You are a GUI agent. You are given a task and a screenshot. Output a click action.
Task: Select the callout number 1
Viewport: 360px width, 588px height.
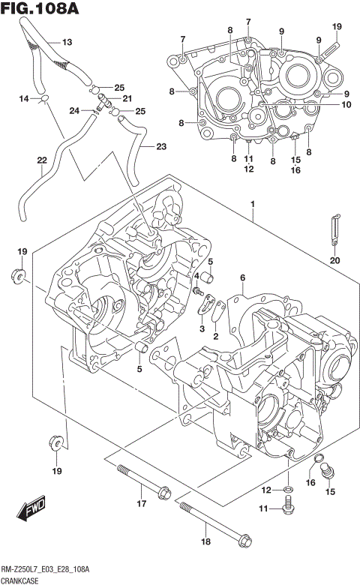pos(253,205)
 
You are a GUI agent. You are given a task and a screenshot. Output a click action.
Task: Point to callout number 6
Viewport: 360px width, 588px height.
pos(242,278)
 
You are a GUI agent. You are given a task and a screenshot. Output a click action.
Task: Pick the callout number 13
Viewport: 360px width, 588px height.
pos(67,43)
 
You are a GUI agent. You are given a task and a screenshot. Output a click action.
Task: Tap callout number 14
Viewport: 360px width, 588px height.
pos(24,98)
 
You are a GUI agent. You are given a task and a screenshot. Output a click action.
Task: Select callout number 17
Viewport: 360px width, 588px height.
pos(140,504)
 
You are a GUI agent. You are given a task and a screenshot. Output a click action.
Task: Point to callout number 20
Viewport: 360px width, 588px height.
pos(334,260)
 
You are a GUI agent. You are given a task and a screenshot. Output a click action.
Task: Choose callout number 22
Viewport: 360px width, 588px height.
pos(41,160)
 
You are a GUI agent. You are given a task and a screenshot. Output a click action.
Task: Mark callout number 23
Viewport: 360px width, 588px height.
pos(161,147)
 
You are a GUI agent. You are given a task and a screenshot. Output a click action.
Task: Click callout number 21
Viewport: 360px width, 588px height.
pos(127,99)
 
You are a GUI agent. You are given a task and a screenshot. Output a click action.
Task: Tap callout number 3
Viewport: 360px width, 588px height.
pos(201,328)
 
